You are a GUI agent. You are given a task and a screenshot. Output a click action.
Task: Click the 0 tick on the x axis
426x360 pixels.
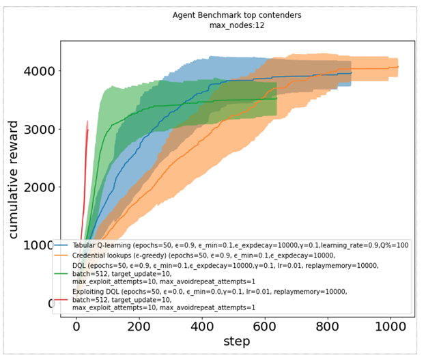pos(76,327)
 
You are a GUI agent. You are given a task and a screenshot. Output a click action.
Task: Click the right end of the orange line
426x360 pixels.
pos(398,67)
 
